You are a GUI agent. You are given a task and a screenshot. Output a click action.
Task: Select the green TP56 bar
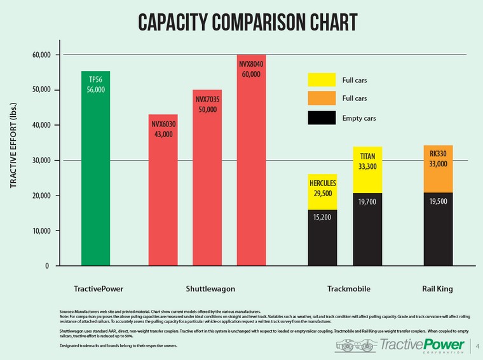[x=96, y=178]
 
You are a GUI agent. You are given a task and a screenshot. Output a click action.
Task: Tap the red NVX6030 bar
[x=163, y=203]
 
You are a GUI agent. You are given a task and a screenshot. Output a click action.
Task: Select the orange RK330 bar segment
[x=438, y=169]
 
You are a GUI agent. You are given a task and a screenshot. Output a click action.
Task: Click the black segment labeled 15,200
[x=322, y=238]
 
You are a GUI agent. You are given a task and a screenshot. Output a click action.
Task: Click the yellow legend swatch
[x=322, y=80]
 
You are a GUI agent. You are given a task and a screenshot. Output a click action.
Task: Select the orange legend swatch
[x=322, y=98]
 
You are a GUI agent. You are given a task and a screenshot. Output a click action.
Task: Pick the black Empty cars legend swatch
[x=322, y=117]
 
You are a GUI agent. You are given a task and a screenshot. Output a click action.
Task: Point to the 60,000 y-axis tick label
[x=41, y=55]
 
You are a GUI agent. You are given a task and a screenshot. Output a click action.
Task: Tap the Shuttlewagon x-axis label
[x=210, y=289]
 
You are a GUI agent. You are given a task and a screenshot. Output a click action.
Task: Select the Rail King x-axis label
[x=437, y=289]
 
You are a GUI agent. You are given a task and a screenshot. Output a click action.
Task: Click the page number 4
[x=477, y=346]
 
